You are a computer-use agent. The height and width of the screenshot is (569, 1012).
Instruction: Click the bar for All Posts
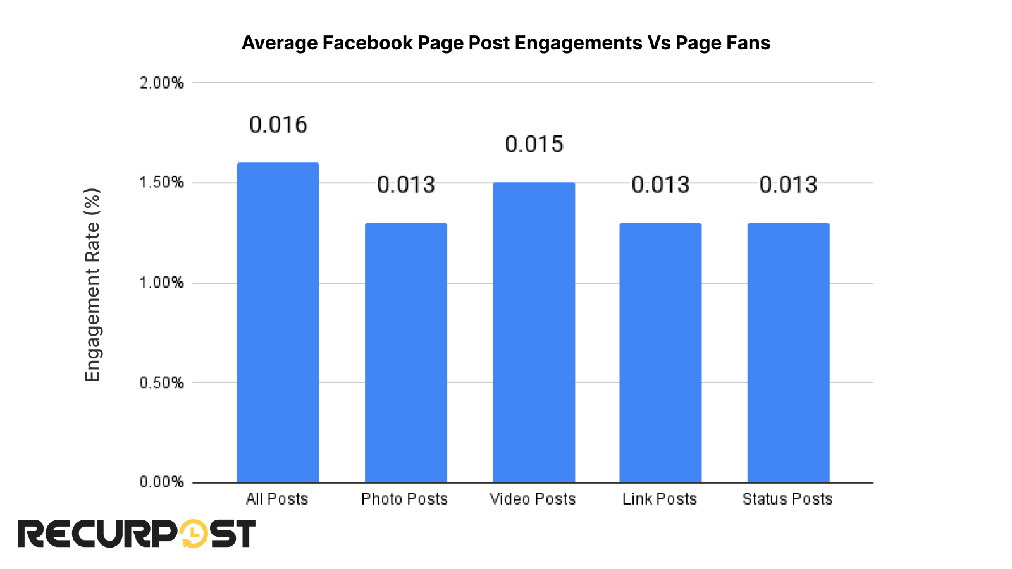278,322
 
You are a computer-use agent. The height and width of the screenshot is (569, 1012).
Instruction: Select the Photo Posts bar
405,352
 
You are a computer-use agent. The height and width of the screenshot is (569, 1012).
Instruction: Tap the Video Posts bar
533,332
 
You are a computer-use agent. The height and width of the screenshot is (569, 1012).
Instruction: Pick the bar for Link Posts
660,352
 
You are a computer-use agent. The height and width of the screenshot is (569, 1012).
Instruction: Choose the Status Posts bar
788,352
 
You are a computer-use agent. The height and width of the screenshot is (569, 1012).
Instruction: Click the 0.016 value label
278,125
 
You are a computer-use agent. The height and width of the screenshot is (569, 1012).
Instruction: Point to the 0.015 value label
533,144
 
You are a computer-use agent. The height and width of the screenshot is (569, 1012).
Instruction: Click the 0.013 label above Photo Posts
405,185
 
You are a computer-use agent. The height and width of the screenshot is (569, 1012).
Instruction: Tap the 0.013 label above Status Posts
788,185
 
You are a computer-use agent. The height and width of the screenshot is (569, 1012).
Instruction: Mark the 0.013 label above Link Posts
660,185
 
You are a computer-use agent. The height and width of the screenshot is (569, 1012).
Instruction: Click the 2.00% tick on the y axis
162,83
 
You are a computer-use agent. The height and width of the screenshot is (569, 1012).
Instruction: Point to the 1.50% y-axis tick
162,183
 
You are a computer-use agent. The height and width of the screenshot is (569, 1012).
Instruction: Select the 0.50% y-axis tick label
162,382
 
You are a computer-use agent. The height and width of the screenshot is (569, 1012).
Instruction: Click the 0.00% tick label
162,482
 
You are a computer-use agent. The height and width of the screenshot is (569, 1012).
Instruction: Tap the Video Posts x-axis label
533,499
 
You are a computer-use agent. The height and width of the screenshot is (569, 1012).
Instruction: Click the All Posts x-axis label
277,499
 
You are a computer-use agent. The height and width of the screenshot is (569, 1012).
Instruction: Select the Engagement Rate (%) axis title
92,284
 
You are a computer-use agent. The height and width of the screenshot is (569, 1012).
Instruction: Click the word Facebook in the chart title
367,43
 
